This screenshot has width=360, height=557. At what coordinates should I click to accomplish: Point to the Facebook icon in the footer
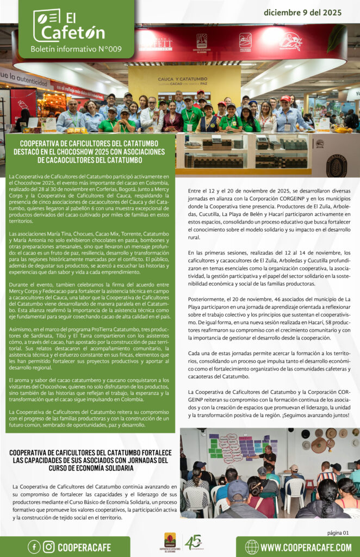coord(34,547)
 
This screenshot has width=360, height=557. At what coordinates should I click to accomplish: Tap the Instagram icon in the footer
coord(49,547)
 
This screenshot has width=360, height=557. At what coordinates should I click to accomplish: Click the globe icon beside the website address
coord(252,547)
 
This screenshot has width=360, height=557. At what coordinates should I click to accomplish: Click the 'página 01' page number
coord(338,533)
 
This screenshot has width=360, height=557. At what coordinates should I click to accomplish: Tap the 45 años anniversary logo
coord(193,542)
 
